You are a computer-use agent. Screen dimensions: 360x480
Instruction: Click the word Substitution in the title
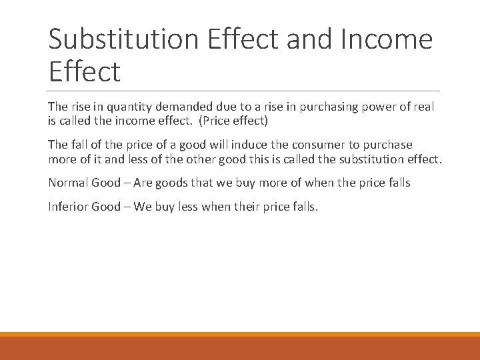tap(123, 39)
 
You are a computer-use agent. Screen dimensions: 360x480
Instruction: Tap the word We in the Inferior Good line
tap(143, 206)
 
